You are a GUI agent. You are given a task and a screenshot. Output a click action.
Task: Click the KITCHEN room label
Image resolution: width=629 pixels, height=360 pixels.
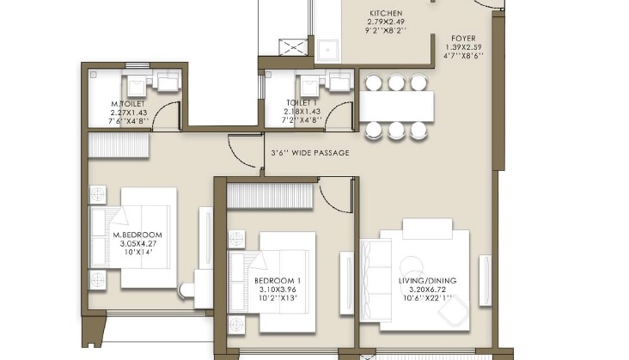pyautogui.click(x=386, y=13)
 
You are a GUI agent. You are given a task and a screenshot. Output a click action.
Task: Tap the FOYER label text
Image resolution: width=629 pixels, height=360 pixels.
pyautogui.click(x=463, y=39)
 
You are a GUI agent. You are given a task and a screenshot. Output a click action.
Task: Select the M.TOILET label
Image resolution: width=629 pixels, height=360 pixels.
pyautogui.click(x=128, y=104)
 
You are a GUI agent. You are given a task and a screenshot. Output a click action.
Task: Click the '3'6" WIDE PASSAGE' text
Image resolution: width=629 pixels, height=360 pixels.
pyautogui.click(x=310, y=153)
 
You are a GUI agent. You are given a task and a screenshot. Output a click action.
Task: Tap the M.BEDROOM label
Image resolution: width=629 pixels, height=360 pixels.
pyautogui.click(x=137, y=235)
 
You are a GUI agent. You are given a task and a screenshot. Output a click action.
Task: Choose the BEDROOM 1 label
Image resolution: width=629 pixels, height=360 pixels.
pyautogui.click(x=278, y=281)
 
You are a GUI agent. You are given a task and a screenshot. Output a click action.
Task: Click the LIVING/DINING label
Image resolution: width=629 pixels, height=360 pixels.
pyautogui.click(x=427, y=281)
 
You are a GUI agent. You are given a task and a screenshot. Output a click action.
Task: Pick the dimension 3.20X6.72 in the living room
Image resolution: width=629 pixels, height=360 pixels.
pyautogui.click(x=427, y=290)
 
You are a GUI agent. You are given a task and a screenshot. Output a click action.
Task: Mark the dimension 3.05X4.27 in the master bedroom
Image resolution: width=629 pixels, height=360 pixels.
pyautogui.click(x=138, y=244)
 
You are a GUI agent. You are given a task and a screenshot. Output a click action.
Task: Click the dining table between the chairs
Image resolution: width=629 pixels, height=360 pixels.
pyautogui.click(x=396, y=107)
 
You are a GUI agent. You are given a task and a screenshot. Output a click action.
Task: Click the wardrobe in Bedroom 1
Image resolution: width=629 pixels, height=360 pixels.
pyautogui.click(x=270, y=196)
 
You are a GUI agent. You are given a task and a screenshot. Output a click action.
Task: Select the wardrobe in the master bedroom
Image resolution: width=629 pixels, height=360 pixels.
pyautogui.click(x=119, y=145)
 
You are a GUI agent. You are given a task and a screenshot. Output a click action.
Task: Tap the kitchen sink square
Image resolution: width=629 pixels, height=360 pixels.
pyautogui.click(x=327, y=51)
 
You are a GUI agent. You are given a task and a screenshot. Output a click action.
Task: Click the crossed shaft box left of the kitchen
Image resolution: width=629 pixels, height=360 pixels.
pyautogui.click(x=293, y=47)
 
